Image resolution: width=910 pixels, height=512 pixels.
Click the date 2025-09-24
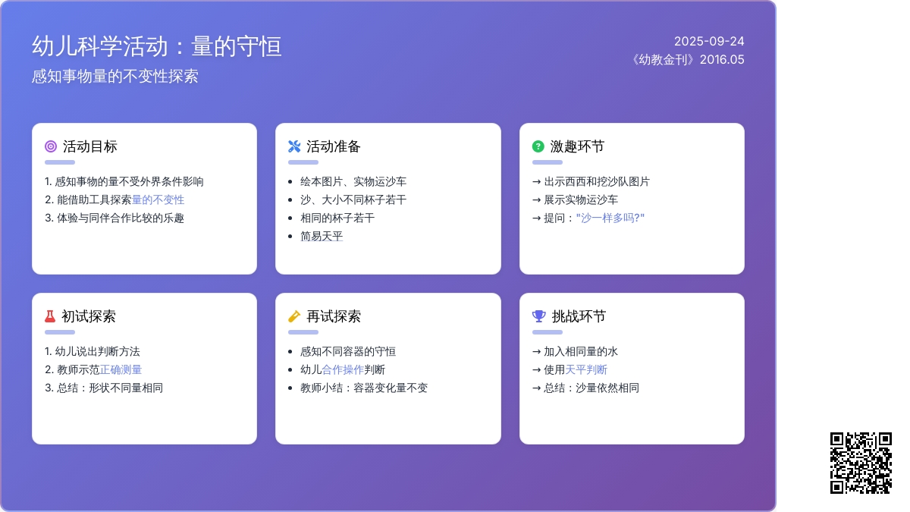tap(709, 42)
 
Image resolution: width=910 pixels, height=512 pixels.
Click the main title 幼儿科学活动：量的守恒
tap(157, 46)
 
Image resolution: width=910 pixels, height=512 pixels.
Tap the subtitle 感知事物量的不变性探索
tap(115, 77)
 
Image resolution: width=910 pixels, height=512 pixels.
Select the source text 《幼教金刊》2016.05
tap(687, 60)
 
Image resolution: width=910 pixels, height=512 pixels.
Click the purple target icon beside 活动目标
tap(51, 146)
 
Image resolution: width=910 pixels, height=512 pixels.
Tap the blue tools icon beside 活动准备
tap(294, 146)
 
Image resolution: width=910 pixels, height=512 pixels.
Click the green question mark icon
tap(538, 146)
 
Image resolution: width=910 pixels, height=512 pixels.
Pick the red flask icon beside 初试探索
tap(50, 316)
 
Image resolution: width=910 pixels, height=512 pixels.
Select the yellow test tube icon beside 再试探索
tap(294, 316)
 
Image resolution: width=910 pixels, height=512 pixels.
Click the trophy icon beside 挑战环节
tap(539, 316)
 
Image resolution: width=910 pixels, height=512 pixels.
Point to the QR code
tap(861, 463)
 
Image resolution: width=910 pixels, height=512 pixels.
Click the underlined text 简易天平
tap(322, 236)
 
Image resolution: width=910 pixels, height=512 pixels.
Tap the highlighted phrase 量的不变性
tap(158, 200)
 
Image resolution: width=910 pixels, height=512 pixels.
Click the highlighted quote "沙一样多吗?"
tap(610, 218)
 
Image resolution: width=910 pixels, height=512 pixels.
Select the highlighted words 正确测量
tap(121, 370)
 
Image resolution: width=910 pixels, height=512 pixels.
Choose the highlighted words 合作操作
tap(343, 370)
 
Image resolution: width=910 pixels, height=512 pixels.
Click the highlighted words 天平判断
tap(586, 370)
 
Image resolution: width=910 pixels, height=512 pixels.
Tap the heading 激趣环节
tap(577, 146)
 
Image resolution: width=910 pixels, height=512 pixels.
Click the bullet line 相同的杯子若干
tap(337, 218)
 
